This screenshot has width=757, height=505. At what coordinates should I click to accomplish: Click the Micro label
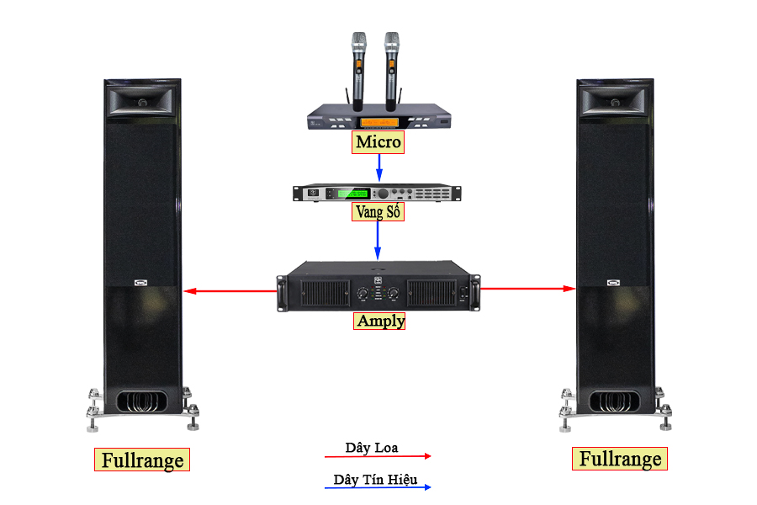tap(378, 142)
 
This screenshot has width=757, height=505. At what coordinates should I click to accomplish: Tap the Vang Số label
tap(378, 212)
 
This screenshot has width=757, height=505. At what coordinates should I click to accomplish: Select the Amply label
tap(380, 321)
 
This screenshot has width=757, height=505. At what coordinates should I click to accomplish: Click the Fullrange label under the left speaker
tap(141, 460)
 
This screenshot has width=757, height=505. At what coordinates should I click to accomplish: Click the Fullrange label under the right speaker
tap(621, 459)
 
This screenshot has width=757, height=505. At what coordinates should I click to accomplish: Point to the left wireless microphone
tap(359, 67)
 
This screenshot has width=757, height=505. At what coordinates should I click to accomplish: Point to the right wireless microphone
tap(391, 67)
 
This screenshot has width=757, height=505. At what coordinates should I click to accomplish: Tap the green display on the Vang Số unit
tap(353, 194)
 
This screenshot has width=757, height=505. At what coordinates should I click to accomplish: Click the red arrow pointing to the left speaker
tap(230, 291)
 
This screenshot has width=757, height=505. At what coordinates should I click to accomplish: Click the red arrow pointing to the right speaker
tap(528, 289)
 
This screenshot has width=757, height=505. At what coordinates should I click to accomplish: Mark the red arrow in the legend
tap(378, 456)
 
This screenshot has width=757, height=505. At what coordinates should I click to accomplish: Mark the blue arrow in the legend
tap(378, 487)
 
